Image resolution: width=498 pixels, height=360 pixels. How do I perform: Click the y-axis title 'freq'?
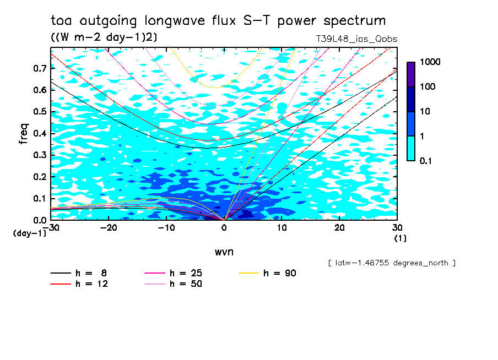(x=23, y=134)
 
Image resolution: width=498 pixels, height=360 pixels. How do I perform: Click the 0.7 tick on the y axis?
(x=40, y=68)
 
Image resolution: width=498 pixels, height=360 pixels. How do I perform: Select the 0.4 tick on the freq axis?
(x=40, y=133)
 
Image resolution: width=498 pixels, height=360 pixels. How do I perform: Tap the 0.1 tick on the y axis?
(x=40, y=198)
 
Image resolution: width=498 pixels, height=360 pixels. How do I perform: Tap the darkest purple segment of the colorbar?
(x=411, y=74)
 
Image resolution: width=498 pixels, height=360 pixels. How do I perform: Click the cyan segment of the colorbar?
(x=411, y=148)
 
